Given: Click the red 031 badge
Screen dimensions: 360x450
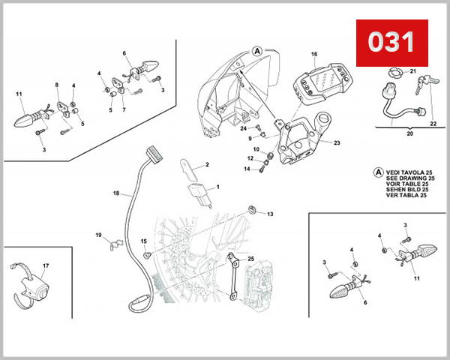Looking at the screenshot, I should click(391, 42).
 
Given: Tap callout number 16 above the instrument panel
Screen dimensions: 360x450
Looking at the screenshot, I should click(314, 54).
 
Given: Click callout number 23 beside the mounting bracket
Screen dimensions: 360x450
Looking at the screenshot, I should click(337, 142).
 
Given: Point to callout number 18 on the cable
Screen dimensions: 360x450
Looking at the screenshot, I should click(115, 193).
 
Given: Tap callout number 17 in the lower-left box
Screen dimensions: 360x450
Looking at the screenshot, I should click(45, 266).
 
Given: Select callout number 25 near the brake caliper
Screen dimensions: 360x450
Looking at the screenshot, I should click(251, 259).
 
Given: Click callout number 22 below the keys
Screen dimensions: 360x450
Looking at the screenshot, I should click(433, 124).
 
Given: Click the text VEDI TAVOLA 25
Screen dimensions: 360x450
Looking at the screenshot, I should click(403, 171).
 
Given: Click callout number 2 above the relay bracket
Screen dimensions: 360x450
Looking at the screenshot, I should click(207, 164).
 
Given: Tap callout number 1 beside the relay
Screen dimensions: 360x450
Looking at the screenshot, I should click(217, 186).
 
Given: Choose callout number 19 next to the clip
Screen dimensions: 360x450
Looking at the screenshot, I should click(97, 235).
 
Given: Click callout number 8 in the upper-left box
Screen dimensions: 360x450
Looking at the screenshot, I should click(56, 85).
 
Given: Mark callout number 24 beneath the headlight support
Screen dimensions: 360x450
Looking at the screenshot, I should click(244, 128).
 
